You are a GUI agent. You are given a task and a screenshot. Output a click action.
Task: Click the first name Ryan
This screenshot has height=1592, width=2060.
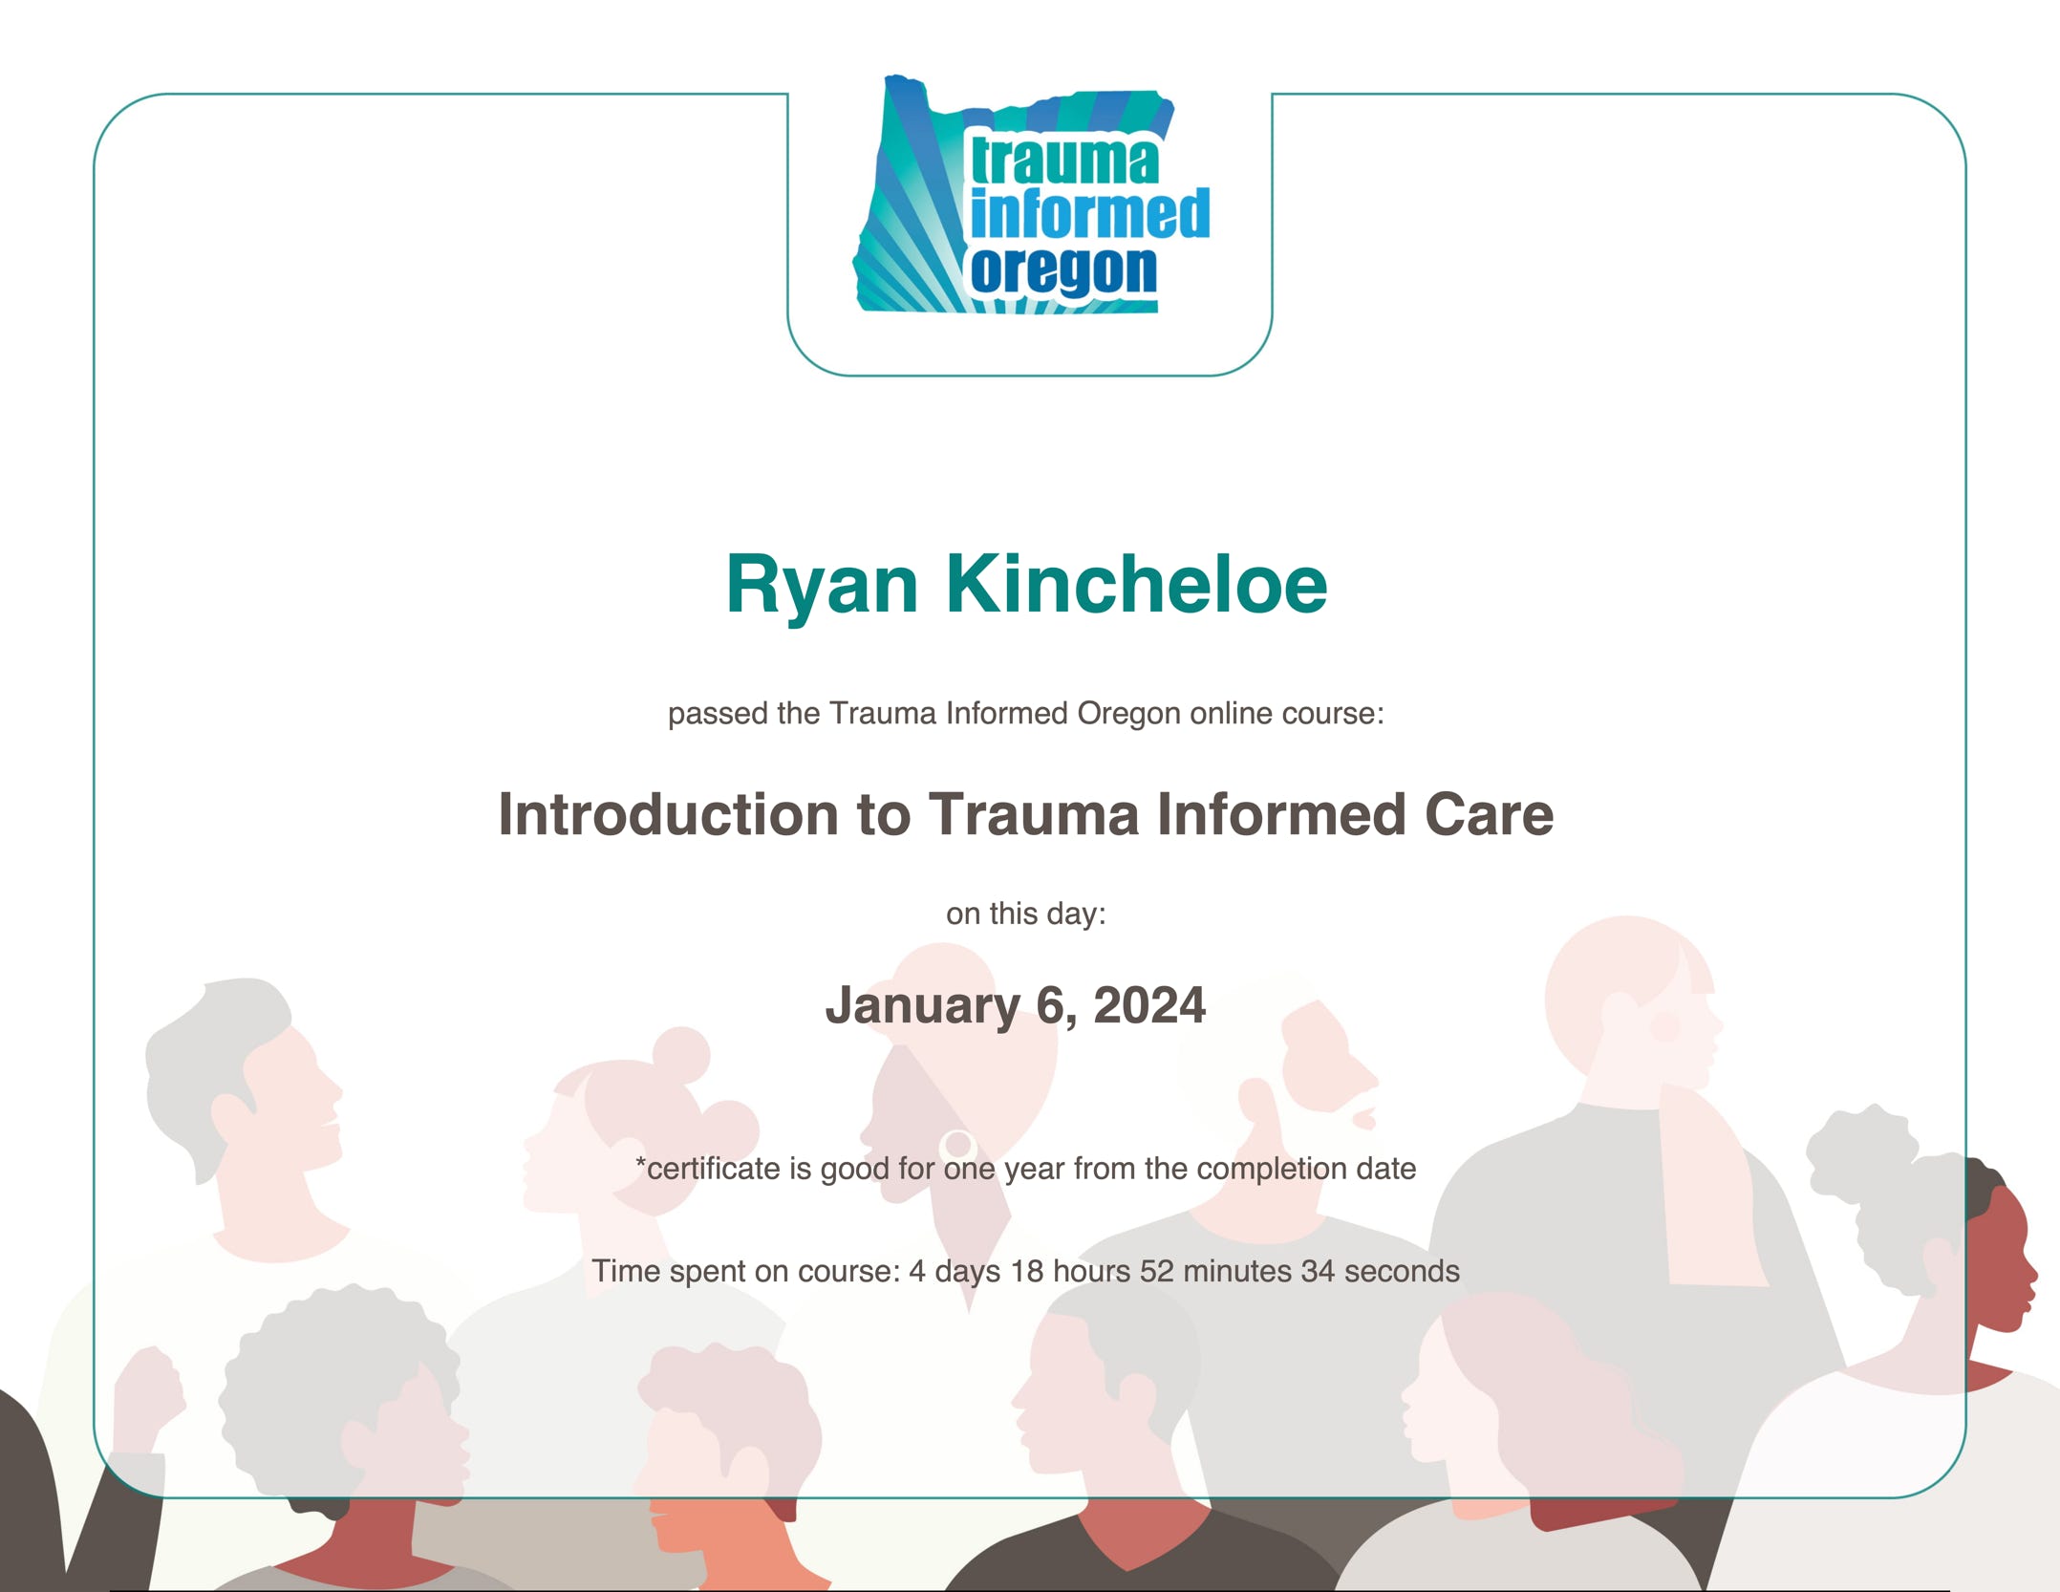point(822,587)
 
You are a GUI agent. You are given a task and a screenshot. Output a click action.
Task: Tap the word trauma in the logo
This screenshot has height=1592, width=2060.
point(1064,161)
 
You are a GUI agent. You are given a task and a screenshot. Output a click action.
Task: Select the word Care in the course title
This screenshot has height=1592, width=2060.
point(1489,814)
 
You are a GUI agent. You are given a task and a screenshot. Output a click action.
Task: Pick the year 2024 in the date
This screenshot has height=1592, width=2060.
point(1149,1005)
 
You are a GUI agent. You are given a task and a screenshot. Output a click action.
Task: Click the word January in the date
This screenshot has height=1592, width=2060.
point(923,1007)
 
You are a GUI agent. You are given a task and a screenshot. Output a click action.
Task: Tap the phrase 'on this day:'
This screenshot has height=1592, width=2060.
point(1026,914)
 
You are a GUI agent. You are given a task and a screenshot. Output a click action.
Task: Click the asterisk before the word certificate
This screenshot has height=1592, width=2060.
point(641,1163)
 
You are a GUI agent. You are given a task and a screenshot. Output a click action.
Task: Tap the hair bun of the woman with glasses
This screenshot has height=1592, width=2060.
point(680,1056)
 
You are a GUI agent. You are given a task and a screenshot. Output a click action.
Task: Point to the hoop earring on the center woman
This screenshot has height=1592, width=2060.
point(957,1145)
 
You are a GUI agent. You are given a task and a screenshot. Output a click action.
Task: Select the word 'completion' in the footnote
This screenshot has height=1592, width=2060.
point(1272,1170)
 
